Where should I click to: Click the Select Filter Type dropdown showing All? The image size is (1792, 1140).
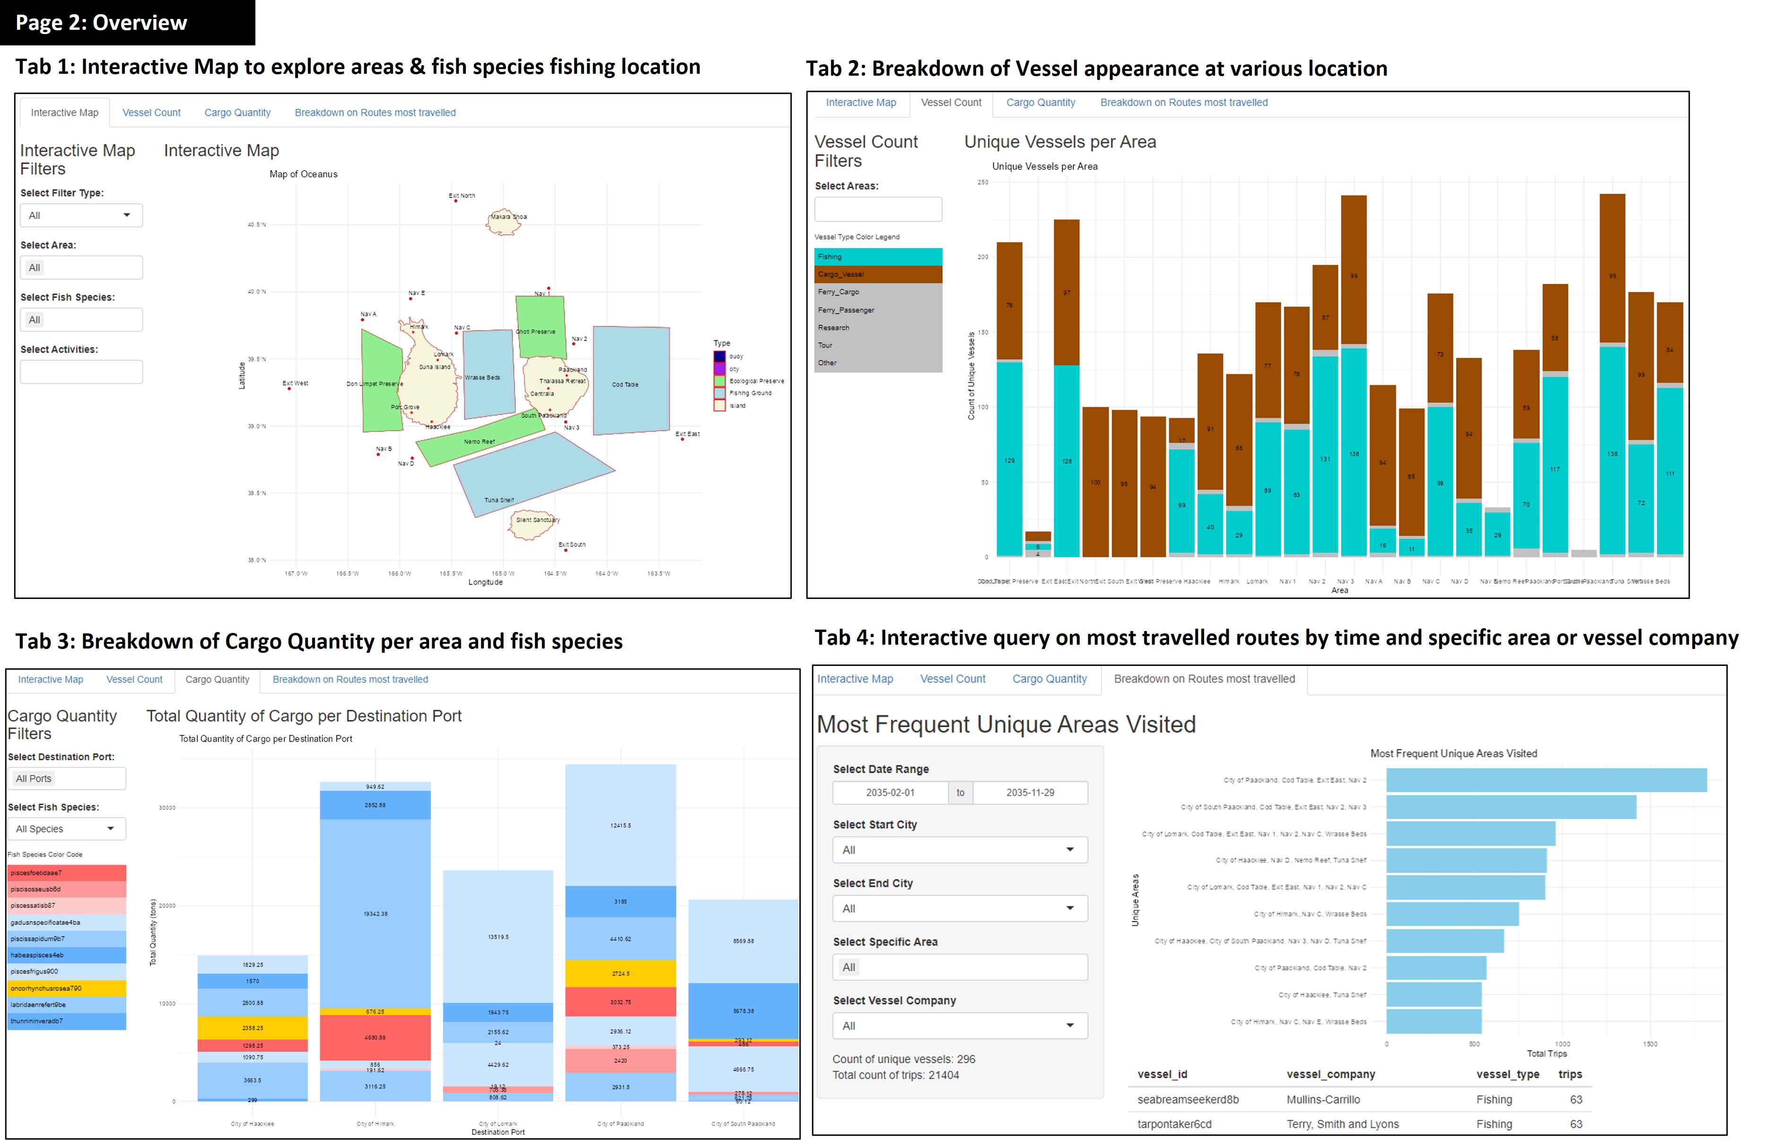[x=80, y=216]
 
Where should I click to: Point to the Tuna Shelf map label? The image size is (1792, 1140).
[x=498, y=500]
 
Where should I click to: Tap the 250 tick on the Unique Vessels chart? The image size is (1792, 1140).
[x=982, y=182]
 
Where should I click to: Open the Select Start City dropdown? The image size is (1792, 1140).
[x=959, y=850]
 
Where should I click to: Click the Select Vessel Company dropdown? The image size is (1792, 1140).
[x=959, y=1026]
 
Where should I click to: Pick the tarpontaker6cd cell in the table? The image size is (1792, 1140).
[x=1173, y=1123]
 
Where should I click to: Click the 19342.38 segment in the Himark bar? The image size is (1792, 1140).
[x=375, y=914]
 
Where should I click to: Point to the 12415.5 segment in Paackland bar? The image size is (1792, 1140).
[x=620, y=825]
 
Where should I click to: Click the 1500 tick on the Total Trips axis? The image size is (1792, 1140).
[x=1649, y=1044]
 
